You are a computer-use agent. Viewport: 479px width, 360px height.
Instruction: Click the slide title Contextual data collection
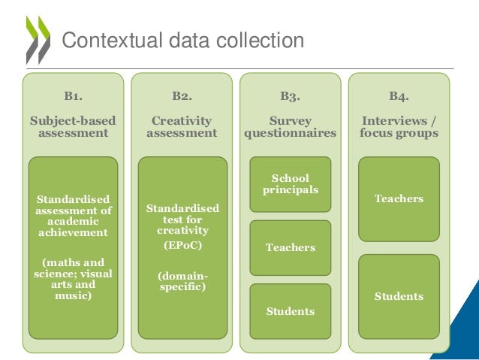click(182, 40)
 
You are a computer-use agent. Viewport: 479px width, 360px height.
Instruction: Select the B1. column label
click(73, 96)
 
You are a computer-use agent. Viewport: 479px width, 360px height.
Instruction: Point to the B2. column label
click(182, 96)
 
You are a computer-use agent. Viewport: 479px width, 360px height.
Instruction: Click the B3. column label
click(290, 96)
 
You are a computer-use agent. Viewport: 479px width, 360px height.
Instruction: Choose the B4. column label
click(399, 96)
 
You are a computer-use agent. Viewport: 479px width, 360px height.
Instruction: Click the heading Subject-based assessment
click(73, 126)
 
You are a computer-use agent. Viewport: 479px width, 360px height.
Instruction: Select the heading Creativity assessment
click(182, 126)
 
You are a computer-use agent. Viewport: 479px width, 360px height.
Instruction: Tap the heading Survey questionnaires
click(290, 126)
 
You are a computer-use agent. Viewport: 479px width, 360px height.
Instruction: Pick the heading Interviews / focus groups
click(399, 126)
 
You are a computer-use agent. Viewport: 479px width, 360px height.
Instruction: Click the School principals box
click(290, 184)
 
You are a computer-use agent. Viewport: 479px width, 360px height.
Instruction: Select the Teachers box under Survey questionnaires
click(290, 247)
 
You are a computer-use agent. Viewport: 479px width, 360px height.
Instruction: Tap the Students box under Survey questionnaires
click(290, 311)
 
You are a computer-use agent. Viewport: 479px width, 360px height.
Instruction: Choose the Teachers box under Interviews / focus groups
click(399, 199)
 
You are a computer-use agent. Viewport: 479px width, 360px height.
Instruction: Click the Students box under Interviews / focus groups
click(399, 296)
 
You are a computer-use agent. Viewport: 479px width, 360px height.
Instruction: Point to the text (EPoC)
click(182, 245)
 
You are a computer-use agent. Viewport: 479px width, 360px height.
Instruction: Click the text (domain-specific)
click(182, 281)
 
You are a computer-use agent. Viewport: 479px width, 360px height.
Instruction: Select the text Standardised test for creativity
click(182, 219)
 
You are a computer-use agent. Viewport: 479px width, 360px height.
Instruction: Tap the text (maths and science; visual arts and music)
click(73, 279)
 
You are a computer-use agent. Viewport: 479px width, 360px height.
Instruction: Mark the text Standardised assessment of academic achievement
click(73, 216)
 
